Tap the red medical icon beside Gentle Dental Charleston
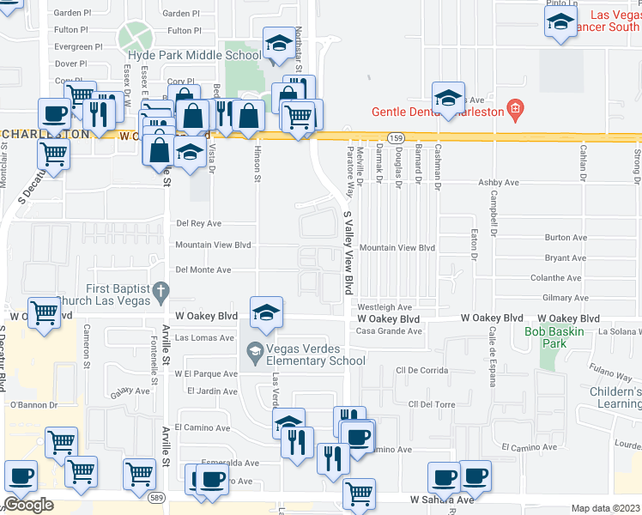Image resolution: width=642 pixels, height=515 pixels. tap(514, 109)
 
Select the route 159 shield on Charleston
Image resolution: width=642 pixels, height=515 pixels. tap(396, 137)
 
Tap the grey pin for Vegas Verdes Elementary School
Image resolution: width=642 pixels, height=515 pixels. tap(255, 352)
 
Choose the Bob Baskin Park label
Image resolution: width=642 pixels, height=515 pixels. tap(554, 331)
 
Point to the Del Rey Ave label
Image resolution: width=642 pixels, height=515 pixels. tap(198, 223)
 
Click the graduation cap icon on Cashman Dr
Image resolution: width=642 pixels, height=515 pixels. tap(448, 99)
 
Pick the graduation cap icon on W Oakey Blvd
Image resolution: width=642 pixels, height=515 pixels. tap(267, 312)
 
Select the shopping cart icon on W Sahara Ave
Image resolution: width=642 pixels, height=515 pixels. tap(359, 493)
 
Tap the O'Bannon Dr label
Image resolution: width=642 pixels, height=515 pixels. tap(33, 405)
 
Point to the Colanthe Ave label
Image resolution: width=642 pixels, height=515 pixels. tap(556, 277)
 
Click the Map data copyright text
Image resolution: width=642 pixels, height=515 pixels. tap(606, 508)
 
